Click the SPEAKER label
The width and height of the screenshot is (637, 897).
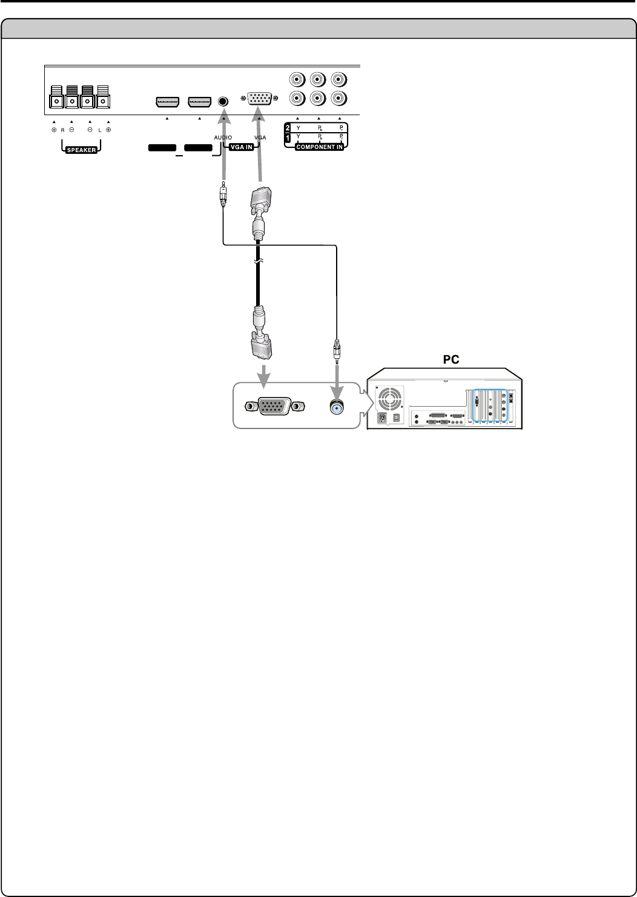click(81, 150)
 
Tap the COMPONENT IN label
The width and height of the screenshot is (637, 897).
click(319, 147)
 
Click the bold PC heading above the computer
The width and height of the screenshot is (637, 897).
click(450, 359)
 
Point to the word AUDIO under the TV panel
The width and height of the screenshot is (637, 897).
click(222, 138)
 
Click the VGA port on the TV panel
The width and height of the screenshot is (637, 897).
click(259, 98)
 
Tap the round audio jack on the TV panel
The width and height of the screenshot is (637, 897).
click(223, 101)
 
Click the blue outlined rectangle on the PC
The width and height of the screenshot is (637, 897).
click(489, 405)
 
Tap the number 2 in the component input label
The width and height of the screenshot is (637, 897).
click(288, 128)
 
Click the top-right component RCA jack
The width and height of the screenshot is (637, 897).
click(340, 79)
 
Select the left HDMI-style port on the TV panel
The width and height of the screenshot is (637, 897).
click(167, 102)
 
